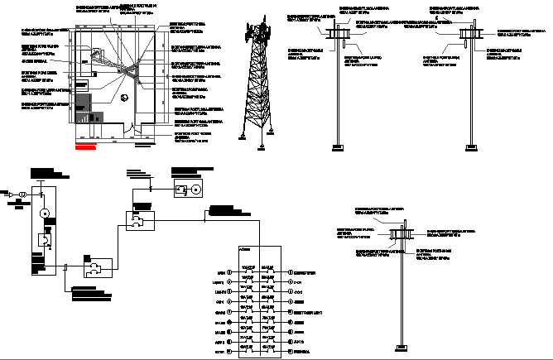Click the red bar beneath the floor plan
[x=85, y=150]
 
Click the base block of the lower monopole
[x=402, y=345]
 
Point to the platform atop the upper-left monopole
[x=340, y=33]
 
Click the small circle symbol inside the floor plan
[x=122, y=99]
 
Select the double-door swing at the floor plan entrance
[x=133, y=127]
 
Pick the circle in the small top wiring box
[x=196, y=189]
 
